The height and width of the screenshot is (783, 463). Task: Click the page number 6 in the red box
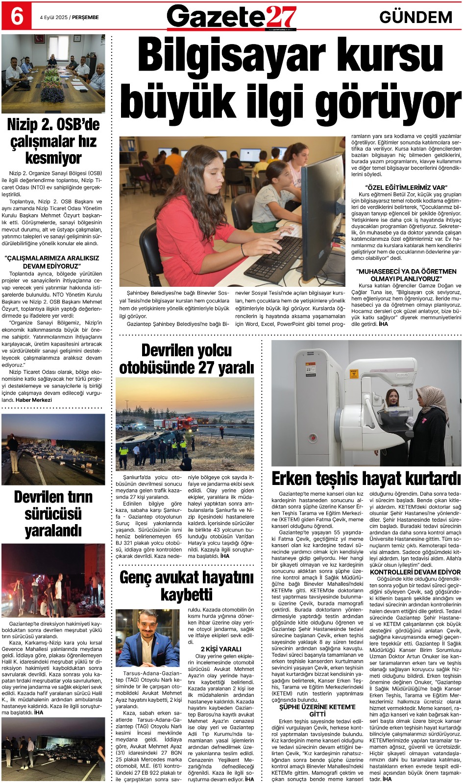[16, 16]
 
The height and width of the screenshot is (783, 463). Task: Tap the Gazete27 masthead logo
[232, 17]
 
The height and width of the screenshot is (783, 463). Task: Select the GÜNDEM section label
[415, 17]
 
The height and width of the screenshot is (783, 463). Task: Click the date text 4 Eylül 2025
[54, 17]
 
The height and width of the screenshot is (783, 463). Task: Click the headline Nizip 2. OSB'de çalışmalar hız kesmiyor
[53, 141]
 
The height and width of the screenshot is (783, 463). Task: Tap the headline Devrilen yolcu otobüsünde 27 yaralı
[187, 359]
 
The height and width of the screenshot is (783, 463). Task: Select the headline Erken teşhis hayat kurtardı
[366, 478]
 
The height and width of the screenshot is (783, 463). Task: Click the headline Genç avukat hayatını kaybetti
[187, 586]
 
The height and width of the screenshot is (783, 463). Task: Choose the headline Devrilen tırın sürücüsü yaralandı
[53, 513]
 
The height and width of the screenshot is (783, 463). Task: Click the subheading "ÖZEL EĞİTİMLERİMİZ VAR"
[406, 187]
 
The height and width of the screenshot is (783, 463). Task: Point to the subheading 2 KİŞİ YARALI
[221, 649]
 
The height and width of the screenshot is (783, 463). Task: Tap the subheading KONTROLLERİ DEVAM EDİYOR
[415, 572]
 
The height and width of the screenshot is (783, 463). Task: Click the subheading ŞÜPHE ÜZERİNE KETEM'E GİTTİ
[317, 711]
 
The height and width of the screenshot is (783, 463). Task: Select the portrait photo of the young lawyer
[147, 639]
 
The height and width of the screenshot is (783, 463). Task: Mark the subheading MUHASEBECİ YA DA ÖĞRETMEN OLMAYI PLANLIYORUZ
[406, 275]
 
